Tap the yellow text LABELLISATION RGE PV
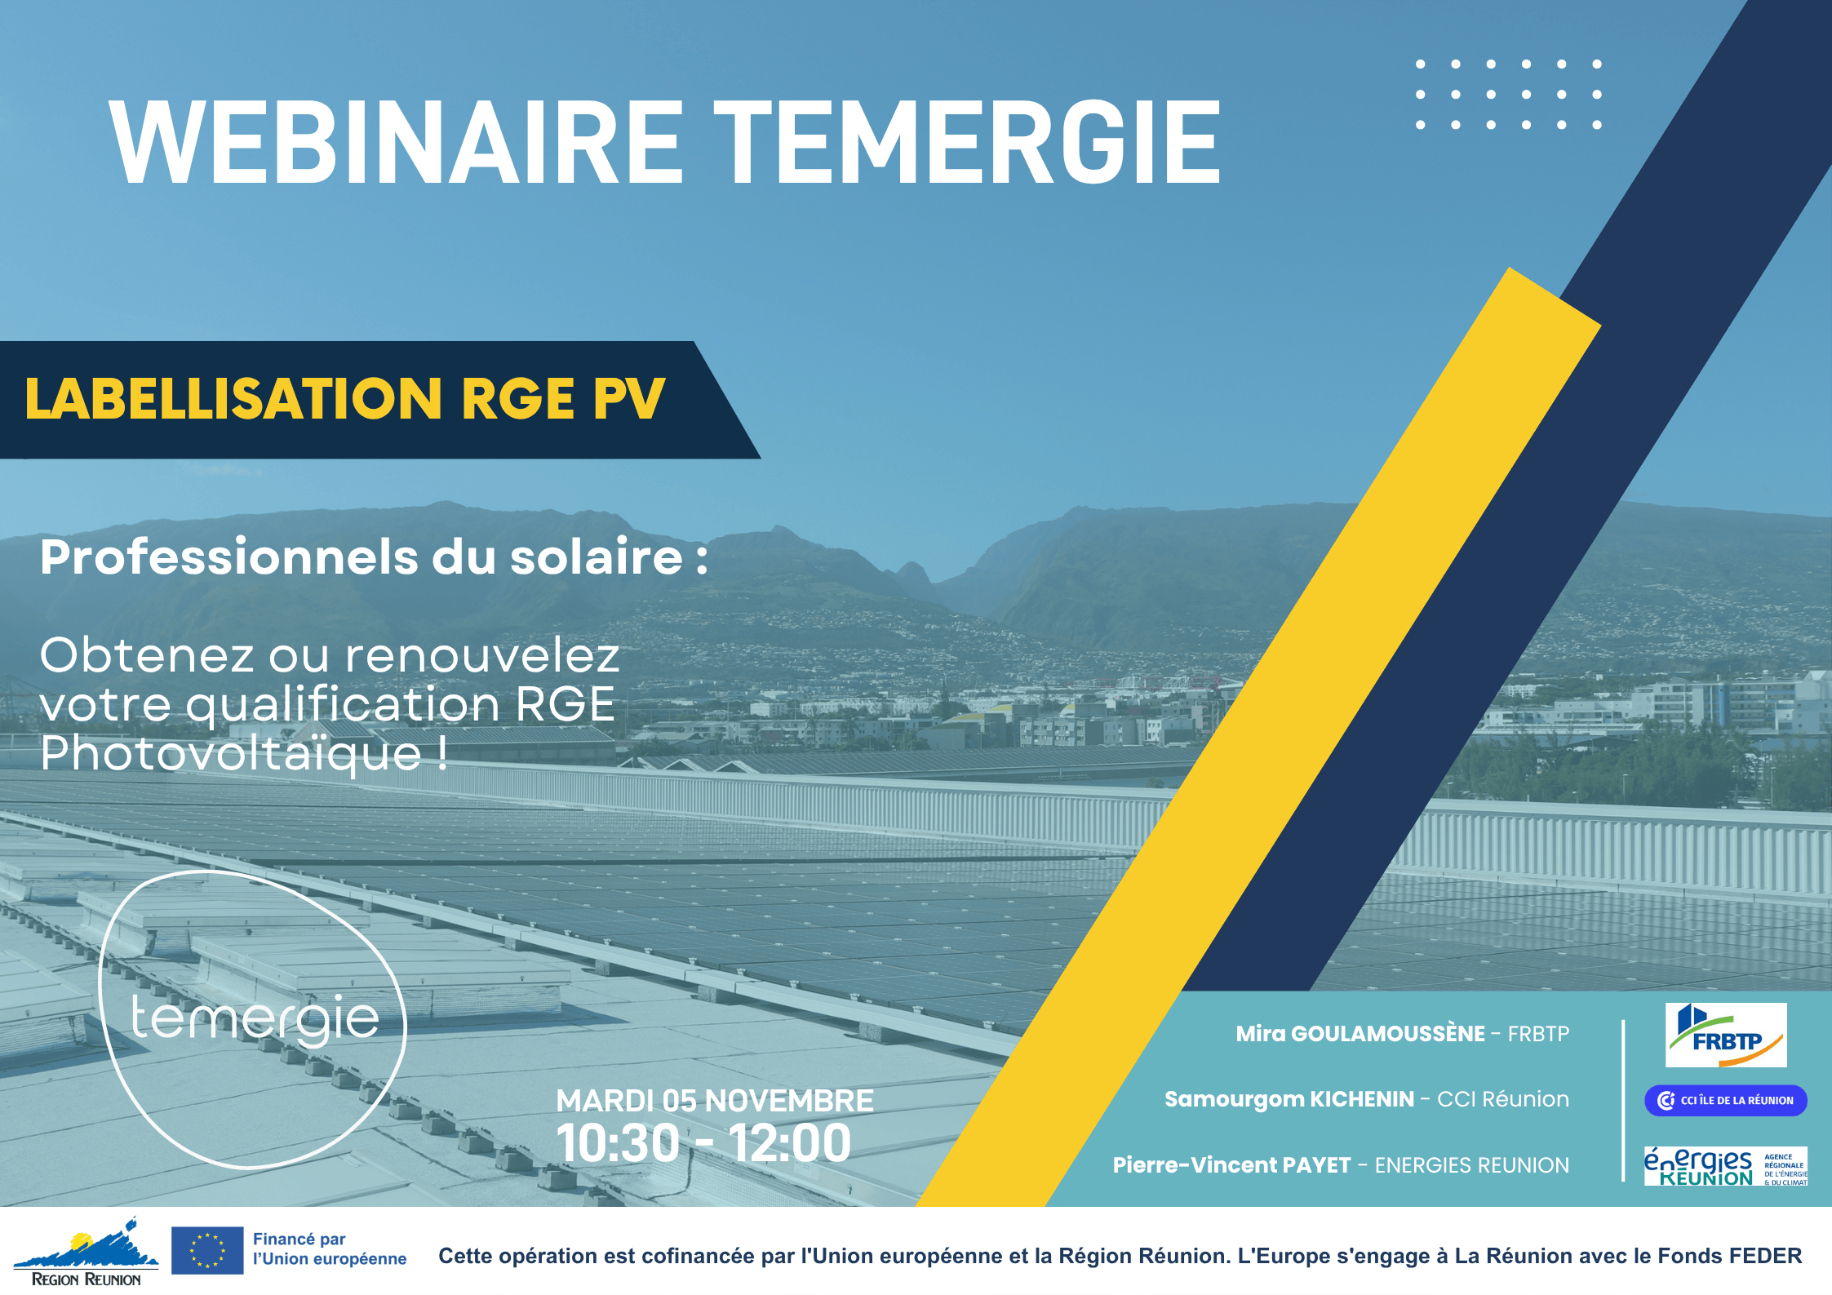coord(345,398)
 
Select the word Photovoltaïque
coord(231,753)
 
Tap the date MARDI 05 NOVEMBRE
coord(715,1101)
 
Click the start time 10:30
coord(618,1143)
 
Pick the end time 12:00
coord(790,1143)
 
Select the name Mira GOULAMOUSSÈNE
coord(1360,1034)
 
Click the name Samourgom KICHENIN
coord(1289,1099)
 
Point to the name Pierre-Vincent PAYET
coord(1231,1165)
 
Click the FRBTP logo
coord(1726,1035)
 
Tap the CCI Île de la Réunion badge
coord(1725,1100)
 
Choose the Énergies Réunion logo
coord(1725,1166)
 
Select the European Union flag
coord(207,1250)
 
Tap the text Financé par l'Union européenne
coord(330,1249)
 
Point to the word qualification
coord(343,706)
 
